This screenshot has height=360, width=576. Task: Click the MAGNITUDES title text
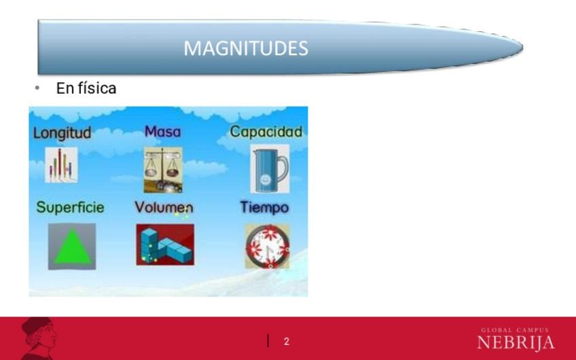point(246,48)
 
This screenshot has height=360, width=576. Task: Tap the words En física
point(86,88)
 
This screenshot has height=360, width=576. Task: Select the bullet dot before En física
point(37,88)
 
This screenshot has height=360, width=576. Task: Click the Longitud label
point(62,133)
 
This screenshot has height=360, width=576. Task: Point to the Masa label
point(163,132)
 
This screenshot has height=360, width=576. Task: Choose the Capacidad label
point(266,132)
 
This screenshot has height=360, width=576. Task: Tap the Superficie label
point(70,208)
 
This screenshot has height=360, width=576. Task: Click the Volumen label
point(164,207)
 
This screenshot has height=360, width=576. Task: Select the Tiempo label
point(264,208)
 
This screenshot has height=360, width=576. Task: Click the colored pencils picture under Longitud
point(61,165)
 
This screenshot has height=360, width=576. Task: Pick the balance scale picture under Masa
point(163,170)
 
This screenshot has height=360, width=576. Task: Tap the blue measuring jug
point(270,169)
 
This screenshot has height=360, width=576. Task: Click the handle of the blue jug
point(283,168)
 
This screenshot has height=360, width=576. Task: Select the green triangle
point(73,247)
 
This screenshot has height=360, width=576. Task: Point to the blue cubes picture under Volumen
point(165,245)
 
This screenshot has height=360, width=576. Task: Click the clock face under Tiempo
point(268,247)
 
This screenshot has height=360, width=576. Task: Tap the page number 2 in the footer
point(287,342)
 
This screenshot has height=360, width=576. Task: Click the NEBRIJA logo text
point(516,343)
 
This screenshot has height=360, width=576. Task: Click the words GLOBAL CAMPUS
point(515,330)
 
